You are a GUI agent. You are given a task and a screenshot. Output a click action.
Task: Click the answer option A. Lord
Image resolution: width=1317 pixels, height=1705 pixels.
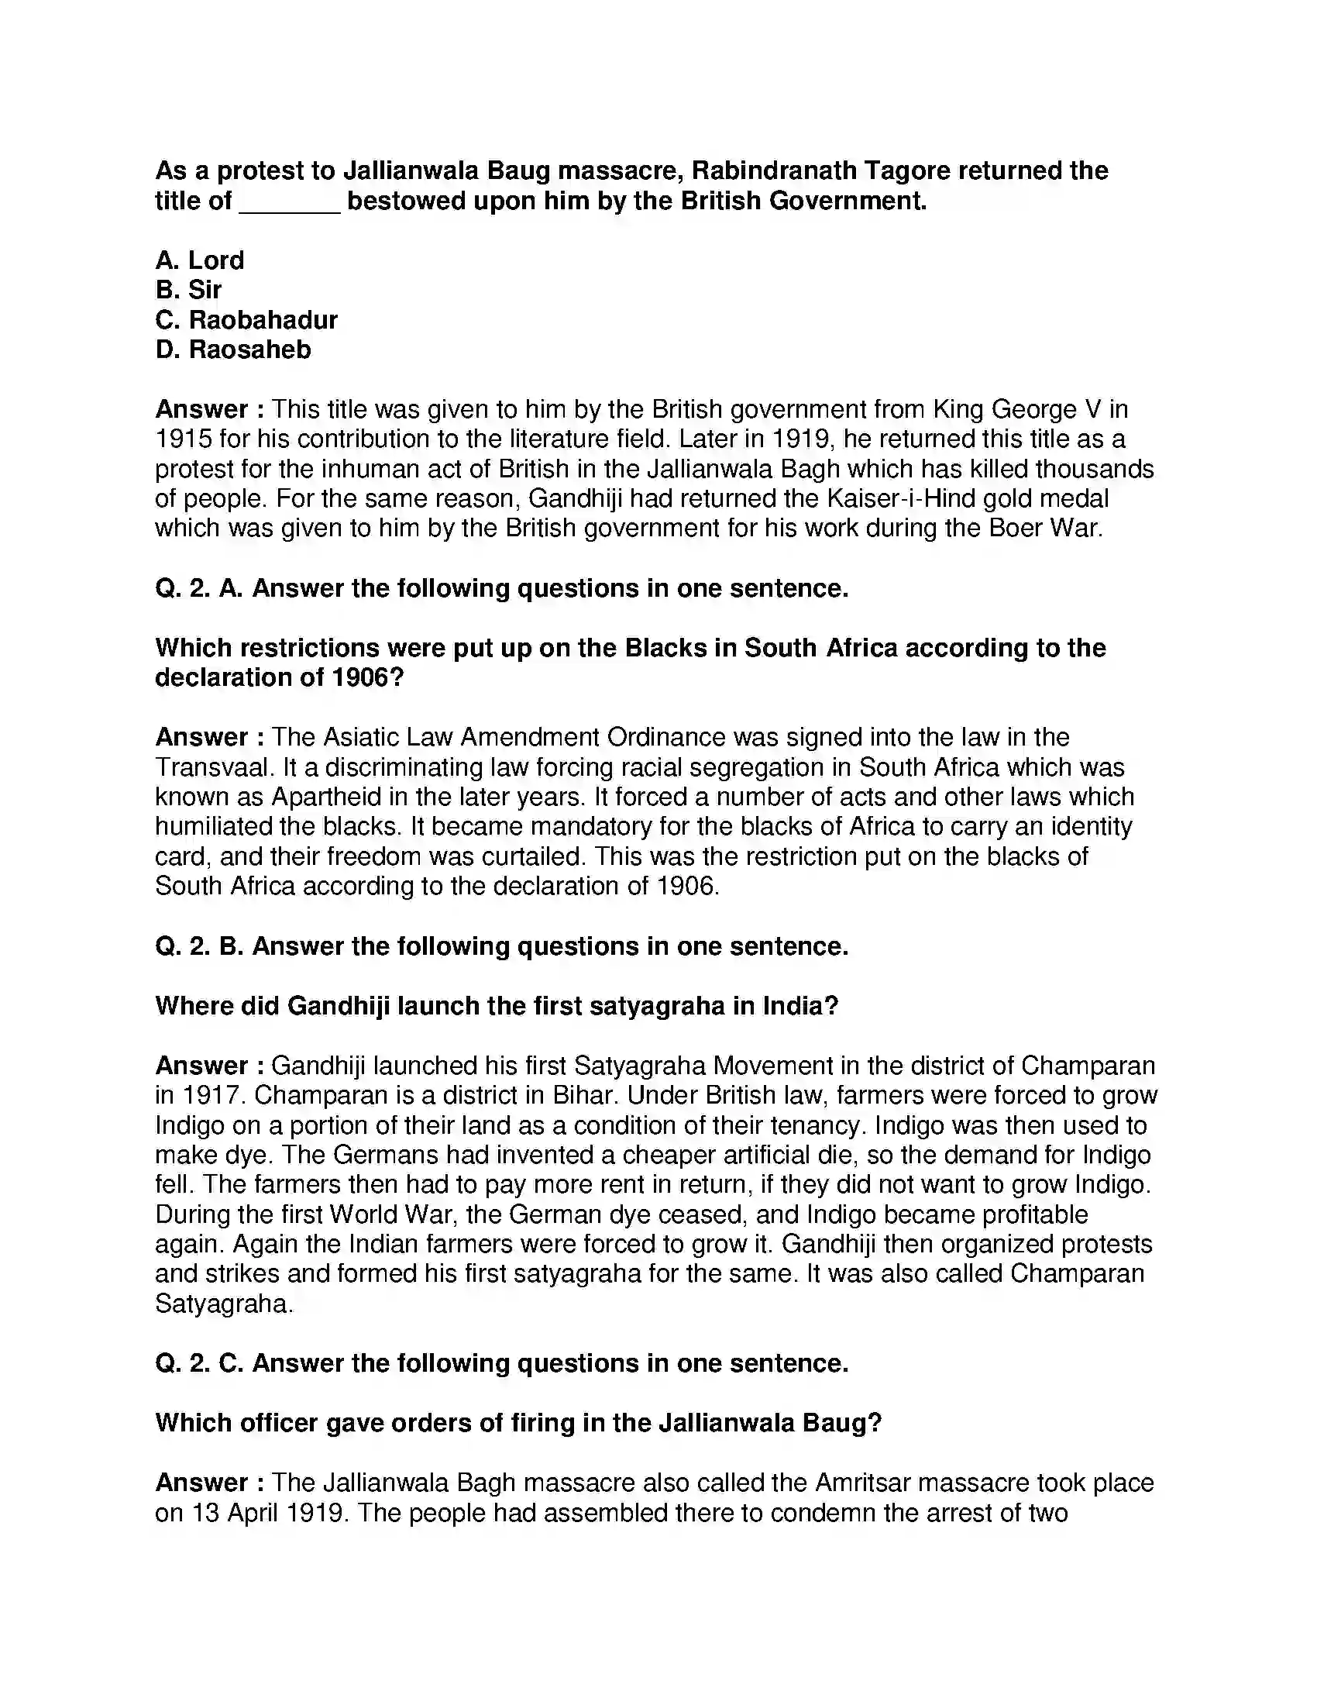(200, 260)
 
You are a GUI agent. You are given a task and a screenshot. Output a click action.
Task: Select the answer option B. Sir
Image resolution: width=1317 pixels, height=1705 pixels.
(189, 290)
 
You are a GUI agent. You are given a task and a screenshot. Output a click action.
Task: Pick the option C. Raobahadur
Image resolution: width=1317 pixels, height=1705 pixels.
(246, 320)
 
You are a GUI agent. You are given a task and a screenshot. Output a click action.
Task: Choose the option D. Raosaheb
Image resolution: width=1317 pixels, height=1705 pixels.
(233, 350)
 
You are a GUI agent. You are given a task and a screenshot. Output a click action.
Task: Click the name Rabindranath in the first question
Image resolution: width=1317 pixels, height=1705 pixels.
(808, 171)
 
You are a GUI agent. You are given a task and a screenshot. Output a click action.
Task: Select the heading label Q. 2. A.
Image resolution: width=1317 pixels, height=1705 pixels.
(199, 588)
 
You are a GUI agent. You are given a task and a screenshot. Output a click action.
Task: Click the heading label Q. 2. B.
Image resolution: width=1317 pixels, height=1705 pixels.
(199, 946)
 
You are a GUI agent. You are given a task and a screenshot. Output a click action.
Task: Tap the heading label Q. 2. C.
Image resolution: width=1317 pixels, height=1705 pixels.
(199, 1363)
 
